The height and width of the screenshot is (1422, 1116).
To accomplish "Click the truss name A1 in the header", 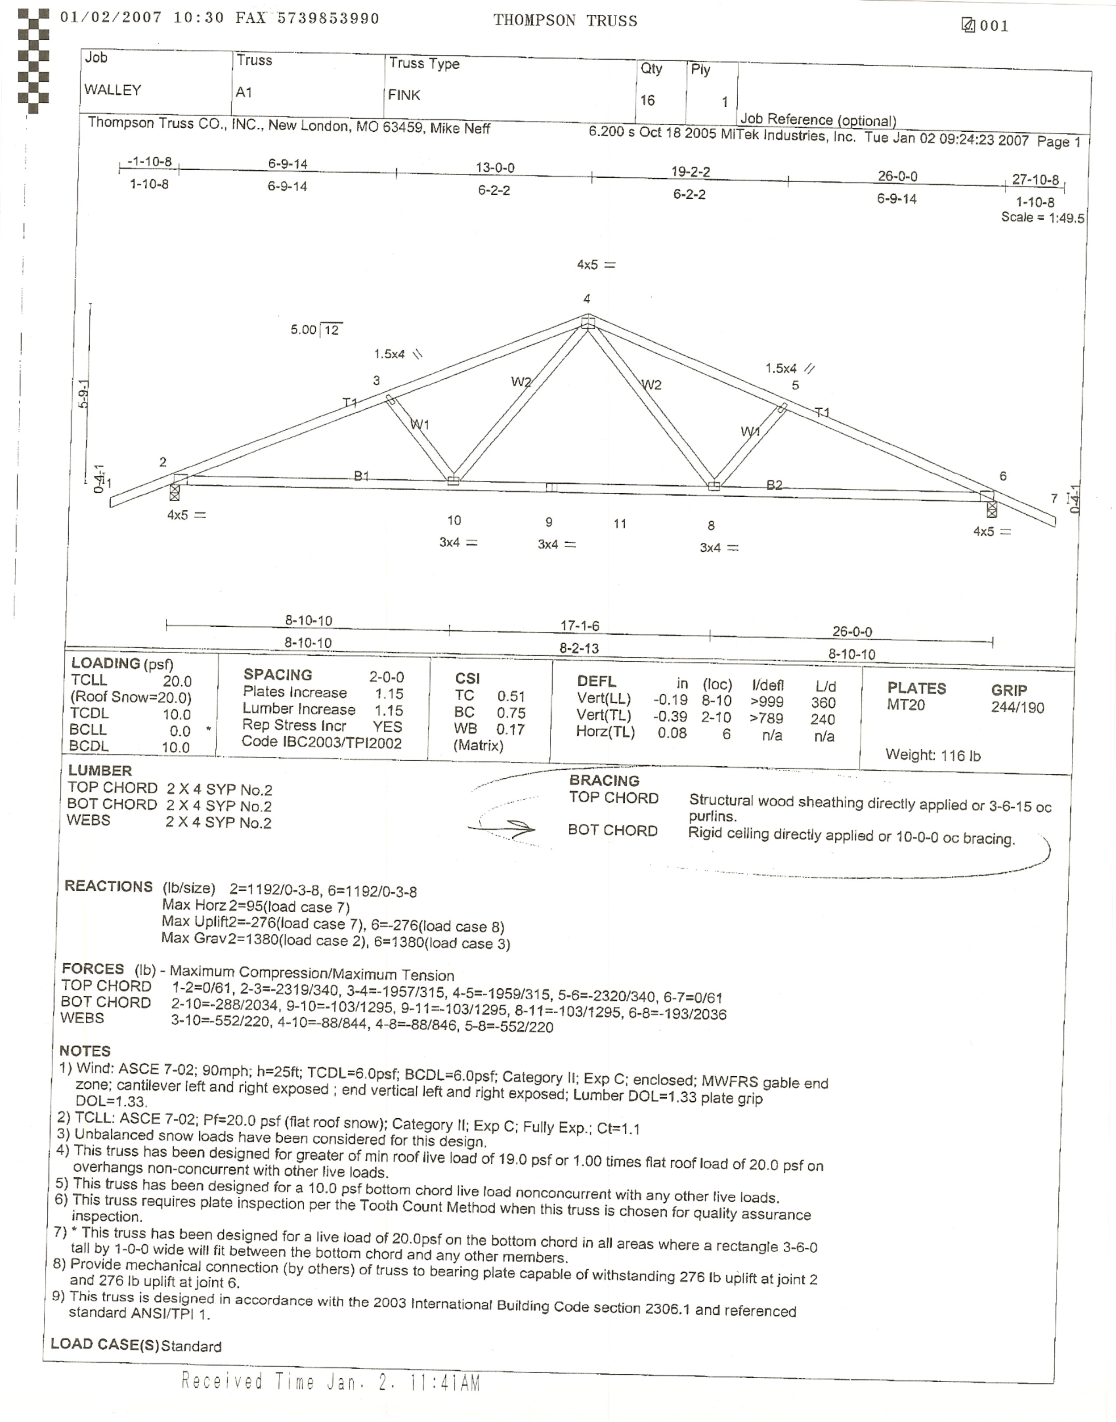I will click(x=244, y=93).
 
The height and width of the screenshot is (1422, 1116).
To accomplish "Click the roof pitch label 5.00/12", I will click(x=316, y=330).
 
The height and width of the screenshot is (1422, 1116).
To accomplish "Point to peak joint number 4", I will click(x=587, y=299).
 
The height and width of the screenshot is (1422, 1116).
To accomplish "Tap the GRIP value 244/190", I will click(x=1017, y=707).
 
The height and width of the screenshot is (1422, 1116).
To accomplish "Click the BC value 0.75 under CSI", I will click(x=511, y=713).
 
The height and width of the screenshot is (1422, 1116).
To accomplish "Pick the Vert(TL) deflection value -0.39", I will click(x=670, y=716).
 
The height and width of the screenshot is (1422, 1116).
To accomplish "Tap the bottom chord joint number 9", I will click(x=549, y=522).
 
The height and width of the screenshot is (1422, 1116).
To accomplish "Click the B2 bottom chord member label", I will click(x=774, y=485).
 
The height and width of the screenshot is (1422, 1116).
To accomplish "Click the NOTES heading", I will click(x=85, y=1051).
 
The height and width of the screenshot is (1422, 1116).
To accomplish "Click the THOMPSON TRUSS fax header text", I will click(x=565, y=21).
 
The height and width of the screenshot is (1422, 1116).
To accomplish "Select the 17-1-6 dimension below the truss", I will click(x=580, y=626).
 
